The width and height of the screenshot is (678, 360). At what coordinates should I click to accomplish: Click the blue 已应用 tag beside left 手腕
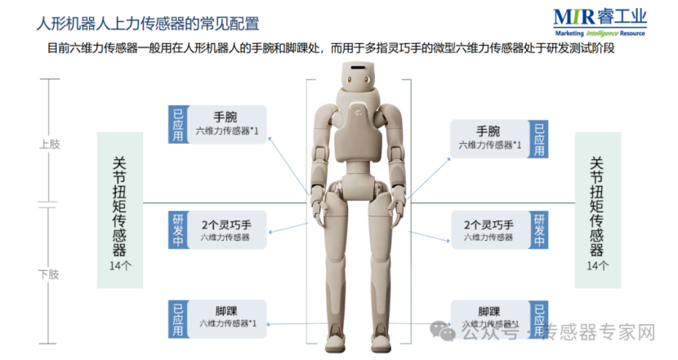(177, 124)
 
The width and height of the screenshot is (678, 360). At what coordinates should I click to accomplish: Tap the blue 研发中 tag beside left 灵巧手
(177, 230)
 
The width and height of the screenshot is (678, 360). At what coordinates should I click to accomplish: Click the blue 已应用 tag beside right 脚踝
(537, 319)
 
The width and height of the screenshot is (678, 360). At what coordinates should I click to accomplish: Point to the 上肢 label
(50, 144)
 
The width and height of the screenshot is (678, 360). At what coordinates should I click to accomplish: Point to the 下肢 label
(50, 274)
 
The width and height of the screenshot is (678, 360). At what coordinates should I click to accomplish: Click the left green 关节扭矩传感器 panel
(119, 209)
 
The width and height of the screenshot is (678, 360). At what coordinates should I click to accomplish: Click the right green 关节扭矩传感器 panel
(598, 209)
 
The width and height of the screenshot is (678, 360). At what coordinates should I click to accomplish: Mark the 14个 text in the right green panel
(598, 266)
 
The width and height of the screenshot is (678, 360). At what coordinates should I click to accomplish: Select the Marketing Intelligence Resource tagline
(599, 33)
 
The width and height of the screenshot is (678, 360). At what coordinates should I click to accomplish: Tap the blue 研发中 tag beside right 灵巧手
(537, 230)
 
